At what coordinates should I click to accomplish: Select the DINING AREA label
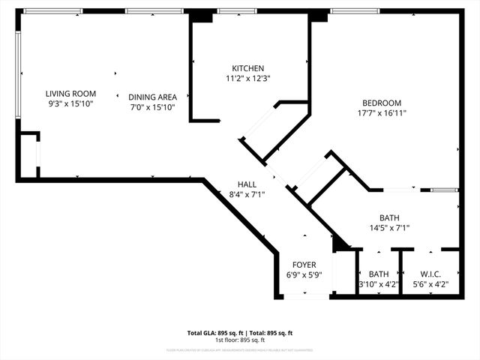(152, 97)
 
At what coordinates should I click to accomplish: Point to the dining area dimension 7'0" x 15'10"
(152, 107)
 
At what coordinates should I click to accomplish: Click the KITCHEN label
(247, 68)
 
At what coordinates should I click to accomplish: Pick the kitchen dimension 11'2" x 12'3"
(247, 78)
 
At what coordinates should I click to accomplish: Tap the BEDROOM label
(382, 103)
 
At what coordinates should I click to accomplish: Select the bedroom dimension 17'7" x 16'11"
(382, 113)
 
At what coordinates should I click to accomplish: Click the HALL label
(247, 184)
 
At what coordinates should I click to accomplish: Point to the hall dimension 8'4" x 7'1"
(247, 194)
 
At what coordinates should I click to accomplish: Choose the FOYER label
(304, 265)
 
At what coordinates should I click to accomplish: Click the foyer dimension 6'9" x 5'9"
(304, 275)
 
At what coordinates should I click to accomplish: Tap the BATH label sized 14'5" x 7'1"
(389, 217)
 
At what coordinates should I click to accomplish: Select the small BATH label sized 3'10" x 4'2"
(379, 274)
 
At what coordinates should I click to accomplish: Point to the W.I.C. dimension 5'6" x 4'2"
(430, 284)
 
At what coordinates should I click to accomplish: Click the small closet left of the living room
(28, 156)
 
